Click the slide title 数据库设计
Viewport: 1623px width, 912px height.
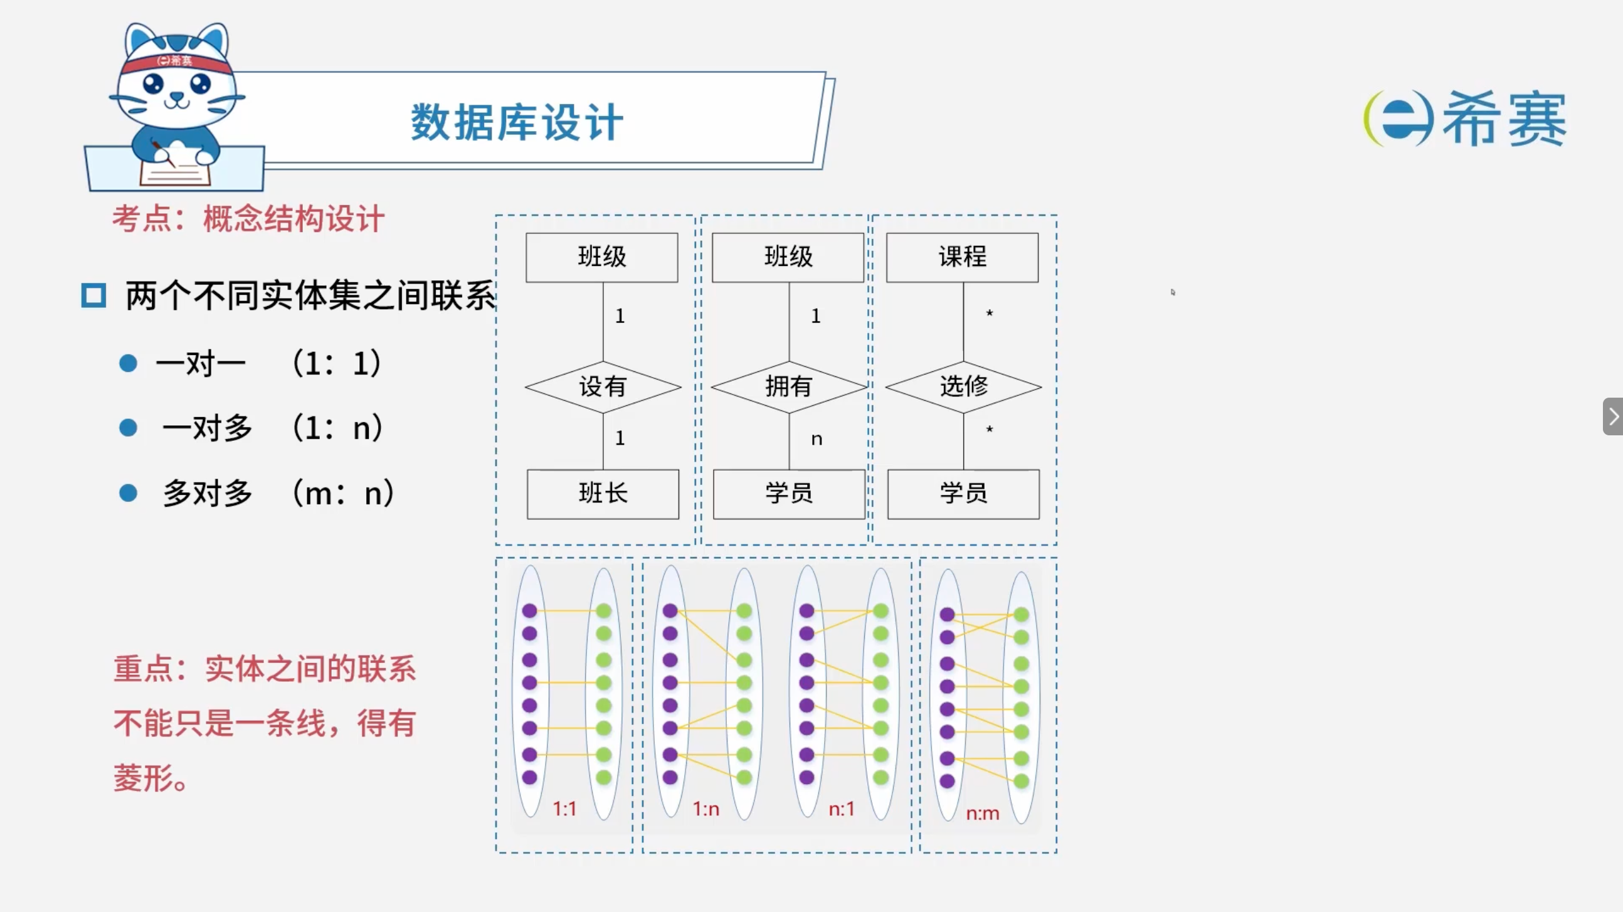point(517,122)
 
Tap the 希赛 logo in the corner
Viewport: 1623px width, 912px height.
point(1464,119)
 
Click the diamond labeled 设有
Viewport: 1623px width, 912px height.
point(603,386)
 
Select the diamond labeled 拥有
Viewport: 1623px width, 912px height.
point(789,386)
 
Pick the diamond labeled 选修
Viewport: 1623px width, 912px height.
point(963,386)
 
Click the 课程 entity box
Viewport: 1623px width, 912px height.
point(962,257)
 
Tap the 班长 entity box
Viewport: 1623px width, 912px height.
point(603,494)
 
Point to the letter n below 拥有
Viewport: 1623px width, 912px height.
point(817,439)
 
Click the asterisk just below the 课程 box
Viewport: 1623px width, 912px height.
point(989,313)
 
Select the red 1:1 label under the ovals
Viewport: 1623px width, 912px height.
point(564,809)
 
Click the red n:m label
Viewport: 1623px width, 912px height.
point(982,814)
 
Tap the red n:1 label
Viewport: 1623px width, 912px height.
point(841,809)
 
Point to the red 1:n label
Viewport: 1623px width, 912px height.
point(706,809)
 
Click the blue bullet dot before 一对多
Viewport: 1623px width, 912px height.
point(129,428)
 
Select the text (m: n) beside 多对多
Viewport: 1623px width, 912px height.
point(344,493)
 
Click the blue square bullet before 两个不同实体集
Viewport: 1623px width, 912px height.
point(93,295)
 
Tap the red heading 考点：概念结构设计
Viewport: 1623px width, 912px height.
point(248,220)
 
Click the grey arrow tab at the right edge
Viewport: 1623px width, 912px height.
point(1614,416)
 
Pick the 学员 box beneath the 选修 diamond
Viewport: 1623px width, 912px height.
point(963,494)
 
